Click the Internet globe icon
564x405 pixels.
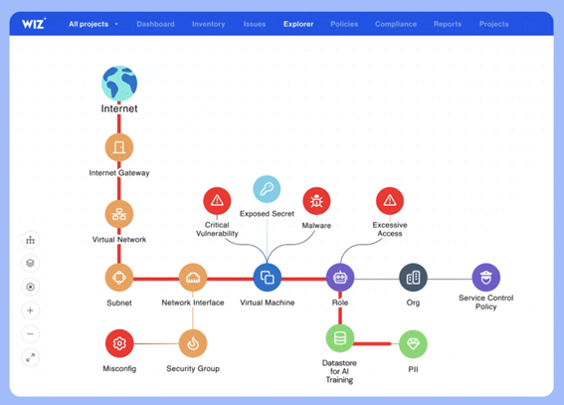click(119, 84)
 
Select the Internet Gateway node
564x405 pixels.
click(119, 147)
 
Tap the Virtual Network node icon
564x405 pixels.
click(119, 214)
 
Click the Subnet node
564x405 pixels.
click(119, 278)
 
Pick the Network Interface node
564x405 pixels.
click(193, 278)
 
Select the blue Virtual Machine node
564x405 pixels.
click(268, 278)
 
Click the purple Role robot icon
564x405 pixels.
click(340, 278)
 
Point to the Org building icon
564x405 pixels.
click(413, 278)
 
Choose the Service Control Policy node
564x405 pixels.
click(486, 278)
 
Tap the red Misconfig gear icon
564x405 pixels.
click(119, 343)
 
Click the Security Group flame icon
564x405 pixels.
click(193, 343)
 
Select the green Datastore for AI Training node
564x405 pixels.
click(340, 338)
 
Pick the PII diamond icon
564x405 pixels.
click(413, 344)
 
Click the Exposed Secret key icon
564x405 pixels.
click(267, 189)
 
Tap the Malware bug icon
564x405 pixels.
click(316, 201)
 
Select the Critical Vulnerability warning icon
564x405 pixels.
click(217, 201)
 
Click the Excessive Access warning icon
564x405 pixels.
click(390, 201)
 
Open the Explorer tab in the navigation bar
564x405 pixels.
click(298, 24)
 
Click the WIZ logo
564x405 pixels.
click(34, 24)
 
